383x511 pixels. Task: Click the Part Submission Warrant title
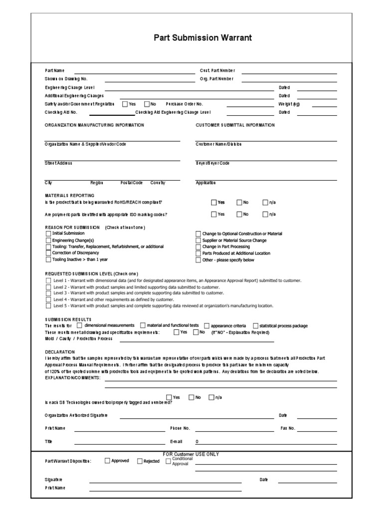pos(203,37)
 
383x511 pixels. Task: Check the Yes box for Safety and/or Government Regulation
pos(125,104)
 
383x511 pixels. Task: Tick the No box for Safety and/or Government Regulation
pos(147,104)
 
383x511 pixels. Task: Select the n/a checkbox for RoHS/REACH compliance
pos(265,202)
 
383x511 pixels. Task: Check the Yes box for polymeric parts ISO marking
pos(214,214)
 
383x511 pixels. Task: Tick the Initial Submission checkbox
pos(48,234)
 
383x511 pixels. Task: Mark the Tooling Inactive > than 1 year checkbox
pos(48,259)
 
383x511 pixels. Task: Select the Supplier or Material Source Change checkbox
pos(198,241)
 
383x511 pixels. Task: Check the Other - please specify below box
pos(198,260)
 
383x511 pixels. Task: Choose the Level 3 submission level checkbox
pos(48,293)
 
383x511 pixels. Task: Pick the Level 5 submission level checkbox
pos(48,306)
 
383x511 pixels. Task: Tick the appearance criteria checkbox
pos(207,326)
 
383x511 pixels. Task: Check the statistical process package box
pos(255,326)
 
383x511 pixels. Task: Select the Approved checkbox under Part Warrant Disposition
pos(107,461)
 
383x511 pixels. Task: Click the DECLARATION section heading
pos(59,351)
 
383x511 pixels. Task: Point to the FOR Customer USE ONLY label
pos(191,454)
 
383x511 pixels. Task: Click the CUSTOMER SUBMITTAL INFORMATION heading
pos(235,125)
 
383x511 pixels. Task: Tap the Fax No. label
pos(288,428)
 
